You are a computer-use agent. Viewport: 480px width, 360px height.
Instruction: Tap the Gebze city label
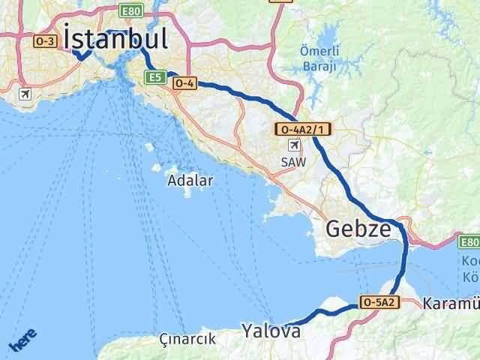tap(358, 229)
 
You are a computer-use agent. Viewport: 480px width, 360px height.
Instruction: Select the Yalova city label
tap(271, 330)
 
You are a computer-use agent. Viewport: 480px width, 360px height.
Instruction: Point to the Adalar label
tap(190, 180)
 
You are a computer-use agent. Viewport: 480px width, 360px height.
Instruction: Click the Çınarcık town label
tap(187, 339)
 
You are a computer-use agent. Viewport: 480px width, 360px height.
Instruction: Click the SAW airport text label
tap(293, 161)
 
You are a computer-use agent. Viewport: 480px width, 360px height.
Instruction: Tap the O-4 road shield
tap(184, 84)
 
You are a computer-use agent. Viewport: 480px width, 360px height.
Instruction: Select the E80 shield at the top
tap(131, 10)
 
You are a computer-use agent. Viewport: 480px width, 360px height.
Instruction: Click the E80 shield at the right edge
tap(470, 241)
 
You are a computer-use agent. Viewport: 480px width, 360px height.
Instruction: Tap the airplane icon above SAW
tap(293, 145)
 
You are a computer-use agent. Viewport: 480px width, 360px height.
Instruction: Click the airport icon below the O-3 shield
tap(26, 94)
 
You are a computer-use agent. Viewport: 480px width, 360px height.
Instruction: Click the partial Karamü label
tap(451, 304)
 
